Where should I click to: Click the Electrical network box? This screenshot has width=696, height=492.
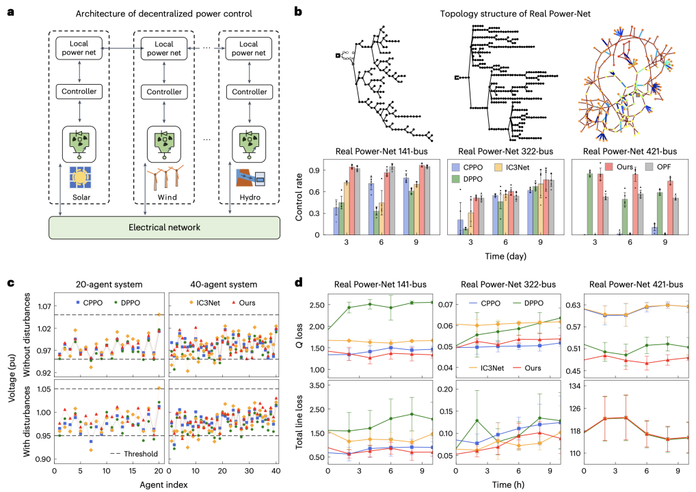pos(164,227)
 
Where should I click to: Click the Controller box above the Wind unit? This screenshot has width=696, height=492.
pos(165,92)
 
